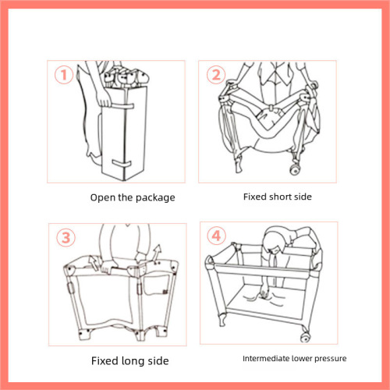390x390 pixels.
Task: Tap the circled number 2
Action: click(214, 76)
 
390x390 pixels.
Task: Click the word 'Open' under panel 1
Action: click(102, 197)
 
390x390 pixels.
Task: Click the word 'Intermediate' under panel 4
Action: click(264, 359)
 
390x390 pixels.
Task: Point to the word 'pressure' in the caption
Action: click(328, 359)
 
